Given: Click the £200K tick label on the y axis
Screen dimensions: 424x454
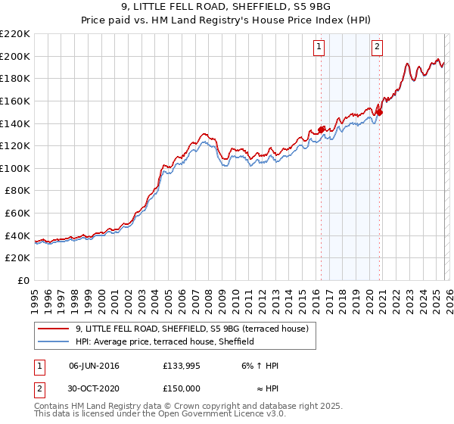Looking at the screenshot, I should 15,56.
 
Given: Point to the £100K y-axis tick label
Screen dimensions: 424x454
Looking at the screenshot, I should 15,168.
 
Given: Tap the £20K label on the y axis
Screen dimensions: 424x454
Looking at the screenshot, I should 17,258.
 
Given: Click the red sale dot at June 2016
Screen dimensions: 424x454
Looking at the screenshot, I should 321,129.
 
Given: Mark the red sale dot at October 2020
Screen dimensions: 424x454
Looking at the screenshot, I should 380,112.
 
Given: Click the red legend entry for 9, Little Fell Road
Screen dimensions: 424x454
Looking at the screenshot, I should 191,329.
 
